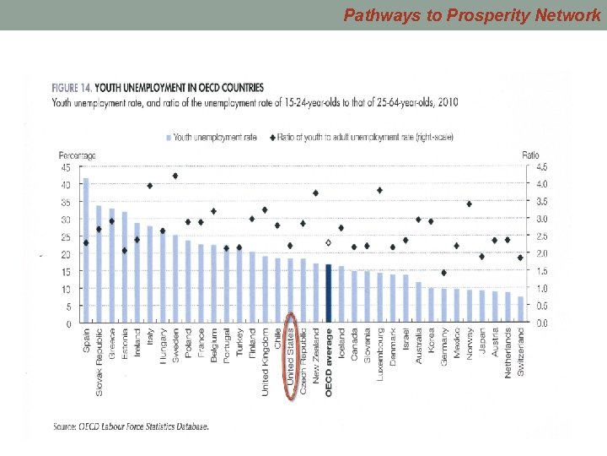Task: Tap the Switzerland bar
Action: pos(520,310)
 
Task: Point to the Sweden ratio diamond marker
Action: pos(175,176)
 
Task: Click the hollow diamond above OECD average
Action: pos(328,242)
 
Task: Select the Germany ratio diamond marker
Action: pos(444,273)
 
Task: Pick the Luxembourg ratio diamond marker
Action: pos(379,190)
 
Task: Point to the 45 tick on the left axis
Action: pos(65,166)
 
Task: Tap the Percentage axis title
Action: pos(77,155)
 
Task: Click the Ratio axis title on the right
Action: pos(530,155)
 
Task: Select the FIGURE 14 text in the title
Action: pos(71,87)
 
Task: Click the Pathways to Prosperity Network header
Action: pos(472,14)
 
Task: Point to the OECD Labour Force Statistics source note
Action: pos(131,426)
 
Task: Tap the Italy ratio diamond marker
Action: pos(149,186)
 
